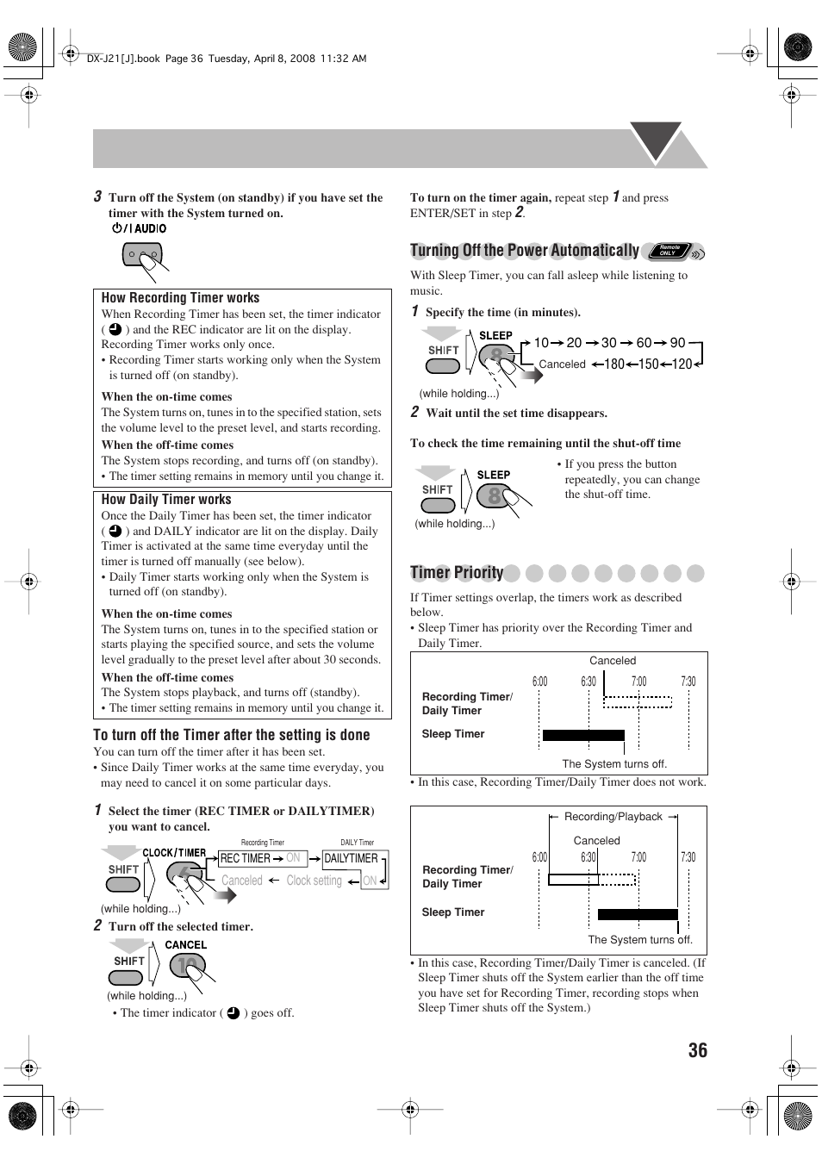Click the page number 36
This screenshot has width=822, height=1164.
pos(697,1049)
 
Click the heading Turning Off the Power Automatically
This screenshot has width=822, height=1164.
pos(524,251)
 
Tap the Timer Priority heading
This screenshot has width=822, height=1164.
pos(457,573)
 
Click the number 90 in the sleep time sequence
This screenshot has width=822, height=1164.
pos(677,343)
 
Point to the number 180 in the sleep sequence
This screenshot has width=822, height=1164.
pos(613,364)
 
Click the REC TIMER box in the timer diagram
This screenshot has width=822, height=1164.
pos(245,858)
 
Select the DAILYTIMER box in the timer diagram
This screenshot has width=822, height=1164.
pos(352,858)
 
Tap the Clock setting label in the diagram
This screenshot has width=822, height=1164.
pos(314,881)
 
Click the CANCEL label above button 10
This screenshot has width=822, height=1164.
pos(186,945)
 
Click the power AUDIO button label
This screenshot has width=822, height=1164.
pos(139,228)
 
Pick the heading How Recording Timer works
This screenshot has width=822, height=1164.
pos(180,298)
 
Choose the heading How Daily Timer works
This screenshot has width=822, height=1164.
pos(166,500)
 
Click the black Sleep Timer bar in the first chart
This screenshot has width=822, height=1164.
pos(583,735)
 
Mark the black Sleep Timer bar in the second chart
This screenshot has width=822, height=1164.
pos(638,914)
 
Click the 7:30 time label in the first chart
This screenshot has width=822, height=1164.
pos(688,682)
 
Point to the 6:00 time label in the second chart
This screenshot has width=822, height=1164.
pos(539,857)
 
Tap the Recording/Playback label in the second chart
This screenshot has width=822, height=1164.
pos(613,817)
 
